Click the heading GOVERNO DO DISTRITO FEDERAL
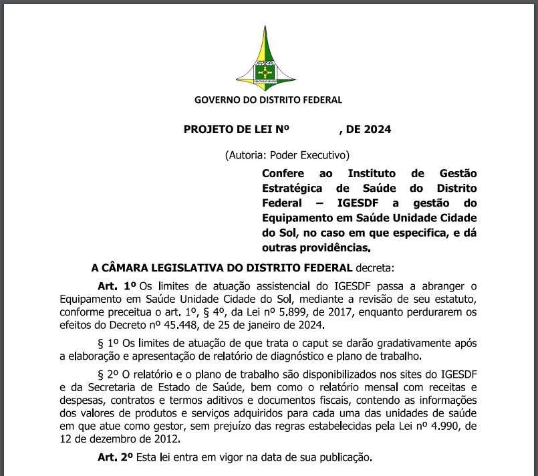(268, 100)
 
